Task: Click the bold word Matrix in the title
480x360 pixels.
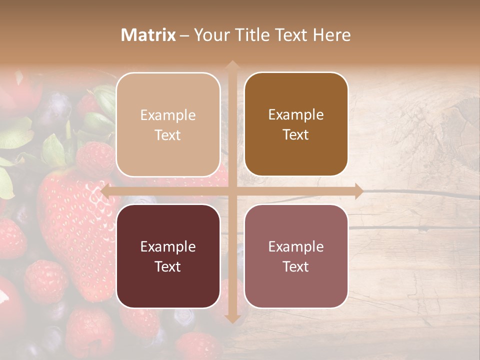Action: pyautogui.click(x=148, y=35)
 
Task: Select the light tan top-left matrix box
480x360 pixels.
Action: pyautogui.click(x=168, y=124)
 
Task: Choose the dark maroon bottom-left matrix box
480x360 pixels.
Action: pyautogui.click(x=168, y=256)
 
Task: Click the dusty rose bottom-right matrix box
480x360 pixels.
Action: pyautogui.click(x=296, y=256)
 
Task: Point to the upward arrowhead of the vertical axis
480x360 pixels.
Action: pyautogui.click(x=232, y=65)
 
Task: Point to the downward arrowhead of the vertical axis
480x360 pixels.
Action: pyautogui.click(x=232, y=318)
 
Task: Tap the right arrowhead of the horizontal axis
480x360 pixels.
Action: pyautogui.click(x=358, y=191)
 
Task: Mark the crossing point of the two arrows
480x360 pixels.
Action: pyautogui.click(x=232, y=191)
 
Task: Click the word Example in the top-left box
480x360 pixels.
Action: pyautogui.click(x=168, y=115)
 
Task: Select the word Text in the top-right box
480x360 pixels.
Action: pyautogui.click(x=296, y=135)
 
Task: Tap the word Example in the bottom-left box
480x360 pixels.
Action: pyautogui.click(x=168, y=246)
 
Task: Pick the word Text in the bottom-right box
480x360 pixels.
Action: pyautogui.click(x=296, y=266)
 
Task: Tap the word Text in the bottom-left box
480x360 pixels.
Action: pyautogui.click(x=168, y=266)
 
